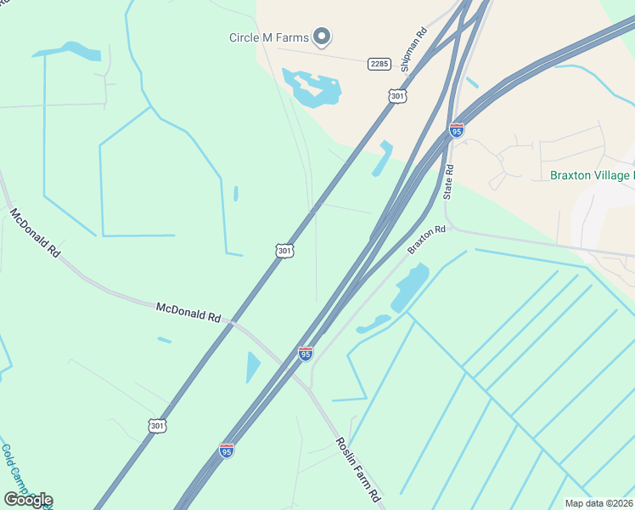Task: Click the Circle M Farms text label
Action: [268, 37]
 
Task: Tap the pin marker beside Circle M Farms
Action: [322, 36]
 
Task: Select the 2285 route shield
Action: [379, 64]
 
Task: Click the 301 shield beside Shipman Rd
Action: [397, 97]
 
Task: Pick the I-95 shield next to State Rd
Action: [457, 130]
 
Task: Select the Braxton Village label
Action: [591, 176]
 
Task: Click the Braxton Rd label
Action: [426, 239]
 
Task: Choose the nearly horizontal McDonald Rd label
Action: [188, 312]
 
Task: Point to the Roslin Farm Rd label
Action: [357, 469]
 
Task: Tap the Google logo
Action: [28, 500]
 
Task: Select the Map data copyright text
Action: [598, 503]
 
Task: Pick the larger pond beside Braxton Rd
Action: [410, 287]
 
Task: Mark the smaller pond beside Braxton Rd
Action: [373, 324]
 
